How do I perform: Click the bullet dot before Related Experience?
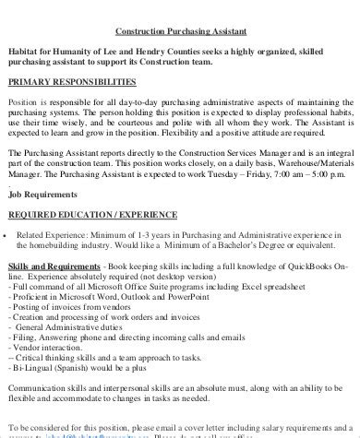(7, 235)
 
